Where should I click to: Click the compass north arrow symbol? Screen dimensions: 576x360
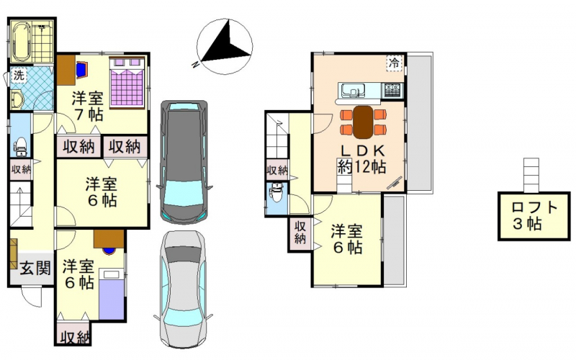(225, 47)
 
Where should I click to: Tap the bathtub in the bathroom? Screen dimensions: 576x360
(22, 41)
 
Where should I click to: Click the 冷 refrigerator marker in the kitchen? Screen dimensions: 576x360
(394, 63)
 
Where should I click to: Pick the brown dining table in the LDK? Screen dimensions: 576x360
(363, 122)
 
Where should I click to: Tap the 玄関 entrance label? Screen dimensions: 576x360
(35, 268)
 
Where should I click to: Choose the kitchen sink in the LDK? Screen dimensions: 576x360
(353, 89)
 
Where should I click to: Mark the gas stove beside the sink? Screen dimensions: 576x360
(393, 90)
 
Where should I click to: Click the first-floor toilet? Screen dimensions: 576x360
(20, 145)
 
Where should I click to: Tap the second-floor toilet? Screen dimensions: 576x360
(276, 192)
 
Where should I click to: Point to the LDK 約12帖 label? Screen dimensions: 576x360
(362, 158)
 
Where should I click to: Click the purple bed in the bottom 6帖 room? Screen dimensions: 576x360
(112, 294)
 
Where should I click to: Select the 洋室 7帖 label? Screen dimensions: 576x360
(87, 106)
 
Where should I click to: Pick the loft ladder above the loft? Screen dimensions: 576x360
(531, 175)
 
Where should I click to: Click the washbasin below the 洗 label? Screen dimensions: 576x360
(17, 99)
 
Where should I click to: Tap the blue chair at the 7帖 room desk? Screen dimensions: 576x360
(82, 69)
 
